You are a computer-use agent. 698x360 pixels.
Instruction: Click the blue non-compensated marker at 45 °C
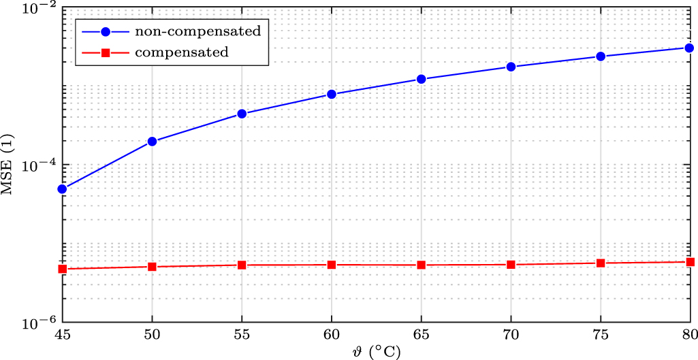[x=62, y=189]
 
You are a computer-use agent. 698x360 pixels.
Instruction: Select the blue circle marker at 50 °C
[x=152, y=142]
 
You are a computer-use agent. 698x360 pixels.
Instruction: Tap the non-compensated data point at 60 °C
[x=332, y=94]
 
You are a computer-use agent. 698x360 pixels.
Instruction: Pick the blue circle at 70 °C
[x=511, y=67]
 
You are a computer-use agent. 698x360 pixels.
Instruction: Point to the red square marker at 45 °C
[x=62, y=269]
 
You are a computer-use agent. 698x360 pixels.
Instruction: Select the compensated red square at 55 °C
[x=242, y=265]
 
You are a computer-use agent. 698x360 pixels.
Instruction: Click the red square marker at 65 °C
[x=422, y=265]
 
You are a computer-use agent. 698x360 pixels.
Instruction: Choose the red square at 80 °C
[x=690, y=262]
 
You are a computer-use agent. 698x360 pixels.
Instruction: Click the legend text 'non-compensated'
[x=197, y=31]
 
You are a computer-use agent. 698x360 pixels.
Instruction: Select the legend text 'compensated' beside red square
[x=182, y=52]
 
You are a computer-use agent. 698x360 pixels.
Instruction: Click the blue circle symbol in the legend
[x=106, y=31]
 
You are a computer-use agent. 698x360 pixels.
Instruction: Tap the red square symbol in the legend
[x=106, y=52]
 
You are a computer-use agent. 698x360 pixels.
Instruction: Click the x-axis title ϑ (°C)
[x=375, y=352]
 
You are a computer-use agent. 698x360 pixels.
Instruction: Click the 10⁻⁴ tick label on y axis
[x=40, y=166]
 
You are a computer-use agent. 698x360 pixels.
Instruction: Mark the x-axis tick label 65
[x=422, y=335]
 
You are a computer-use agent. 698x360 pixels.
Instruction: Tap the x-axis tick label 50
[x=152, y=335]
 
